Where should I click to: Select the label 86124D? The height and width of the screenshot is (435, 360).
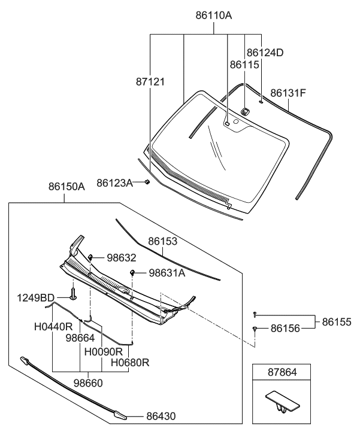click(265, 53)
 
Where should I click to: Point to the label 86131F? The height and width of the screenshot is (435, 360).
click(288, 93)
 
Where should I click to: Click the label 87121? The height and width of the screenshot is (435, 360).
click(149, 80)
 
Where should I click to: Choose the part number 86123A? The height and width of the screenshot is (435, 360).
click(114, 182)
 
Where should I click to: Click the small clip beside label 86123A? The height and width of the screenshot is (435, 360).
click(147, 182)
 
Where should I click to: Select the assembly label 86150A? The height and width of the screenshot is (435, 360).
click(66, 187)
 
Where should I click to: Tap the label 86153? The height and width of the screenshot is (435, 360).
click(164, 241)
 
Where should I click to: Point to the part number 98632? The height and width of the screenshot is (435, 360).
click(122, 258)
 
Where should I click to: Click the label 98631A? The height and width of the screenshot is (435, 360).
click(167, 273)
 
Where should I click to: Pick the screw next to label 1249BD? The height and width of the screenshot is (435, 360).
click(72, 294)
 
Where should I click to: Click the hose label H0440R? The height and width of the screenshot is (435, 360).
click(53, 327)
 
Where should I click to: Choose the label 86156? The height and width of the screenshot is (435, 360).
click(285, 328)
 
